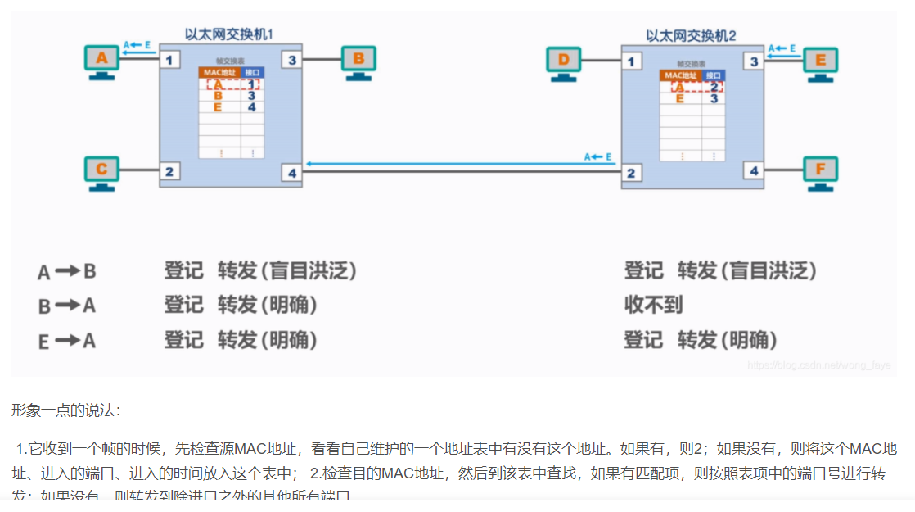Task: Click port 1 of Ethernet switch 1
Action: [169, 60]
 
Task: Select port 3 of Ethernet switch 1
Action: [292, 60]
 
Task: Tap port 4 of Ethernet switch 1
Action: [292, 172]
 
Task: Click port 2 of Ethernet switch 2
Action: [630, 172]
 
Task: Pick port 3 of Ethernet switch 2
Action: [754, 60]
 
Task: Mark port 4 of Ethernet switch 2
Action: [754, 171]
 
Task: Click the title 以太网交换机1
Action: [228, 35]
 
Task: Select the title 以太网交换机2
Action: [691, 35]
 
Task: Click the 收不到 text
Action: [653, 306]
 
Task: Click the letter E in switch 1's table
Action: [218, 106]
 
